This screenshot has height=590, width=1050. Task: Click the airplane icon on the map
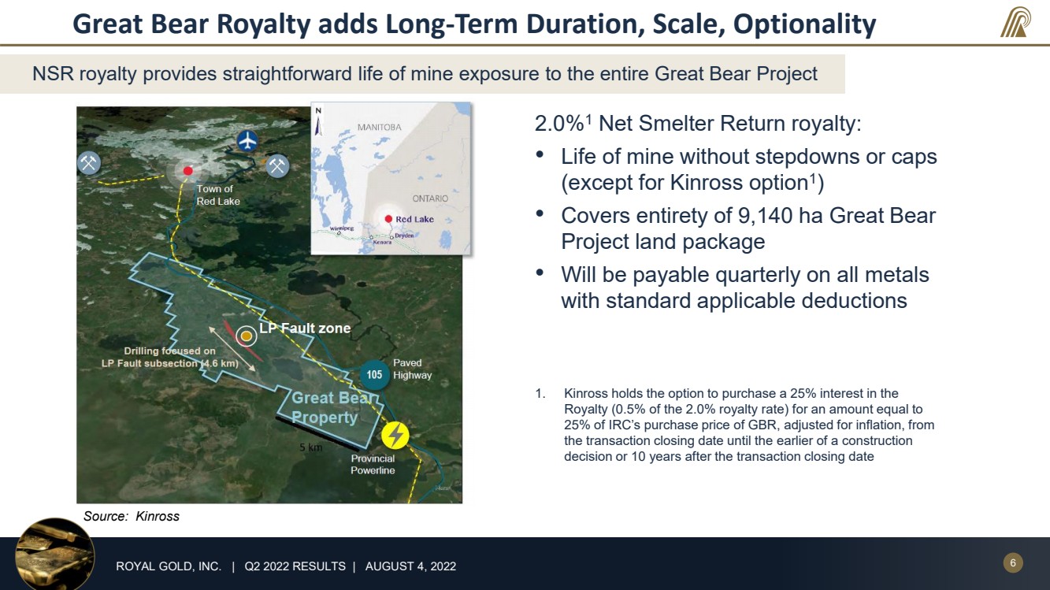247,140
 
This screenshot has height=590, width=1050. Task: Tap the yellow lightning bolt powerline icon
395,436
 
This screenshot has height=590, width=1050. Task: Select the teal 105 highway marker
374,374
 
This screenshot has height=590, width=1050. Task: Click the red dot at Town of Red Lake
188,171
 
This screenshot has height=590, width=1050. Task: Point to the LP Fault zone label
305,328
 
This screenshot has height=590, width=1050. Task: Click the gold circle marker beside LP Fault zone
246,336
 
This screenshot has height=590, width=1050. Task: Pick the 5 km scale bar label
311,447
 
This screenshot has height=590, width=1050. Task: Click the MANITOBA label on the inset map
379,127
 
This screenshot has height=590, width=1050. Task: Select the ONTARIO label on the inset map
430,199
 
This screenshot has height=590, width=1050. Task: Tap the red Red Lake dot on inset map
388,219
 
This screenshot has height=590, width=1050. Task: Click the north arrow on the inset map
319,121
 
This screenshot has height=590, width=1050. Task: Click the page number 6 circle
1013,562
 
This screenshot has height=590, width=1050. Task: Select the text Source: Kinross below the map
132,517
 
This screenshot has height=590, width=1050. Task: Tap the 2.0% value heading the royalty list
559,124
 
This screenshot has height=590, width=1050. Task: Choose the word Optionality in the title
804,24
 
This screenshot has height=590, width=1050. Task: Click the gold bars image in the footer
55,554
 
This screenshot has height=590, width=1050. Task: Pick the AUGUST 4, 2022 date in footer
410,566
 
